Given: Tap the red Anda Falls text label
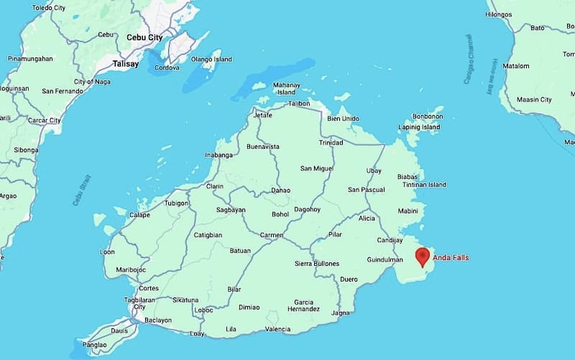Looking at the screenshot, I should pyautogui.click(x=455, y=257).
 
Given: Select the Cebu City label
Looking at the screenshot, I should pyautogui.click(x=144, y=37).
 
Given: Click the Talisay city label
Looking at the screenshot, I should pyautogui.click(x=125, y=64).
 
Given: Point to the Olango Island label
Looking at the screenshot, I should pyautogui.click(x=211, y=59).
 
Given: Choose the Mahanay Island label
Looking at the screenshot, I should pyautogui.click(x=286, y=88).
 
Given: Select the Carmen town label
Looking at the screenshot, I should pyautogui.click(x=272, y=235).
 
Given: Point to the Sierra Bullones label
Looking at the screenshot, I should pyautogui.click(x=317, y=264).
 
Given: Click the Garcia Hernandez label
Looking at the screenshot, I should pyautogui.click(x=304, y=305).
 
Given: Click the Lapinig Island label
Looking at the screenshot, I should pyautogui.click(x=419, y=128).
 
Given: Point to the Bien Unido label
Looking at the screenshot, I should pyautogui.click(x=343, y=119).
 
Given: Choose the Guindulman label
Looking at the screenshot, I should pyautogui.click(x=385, y=259).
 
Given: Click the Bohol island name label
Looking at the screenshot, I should pyautogui.click(x=280, y=214).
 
